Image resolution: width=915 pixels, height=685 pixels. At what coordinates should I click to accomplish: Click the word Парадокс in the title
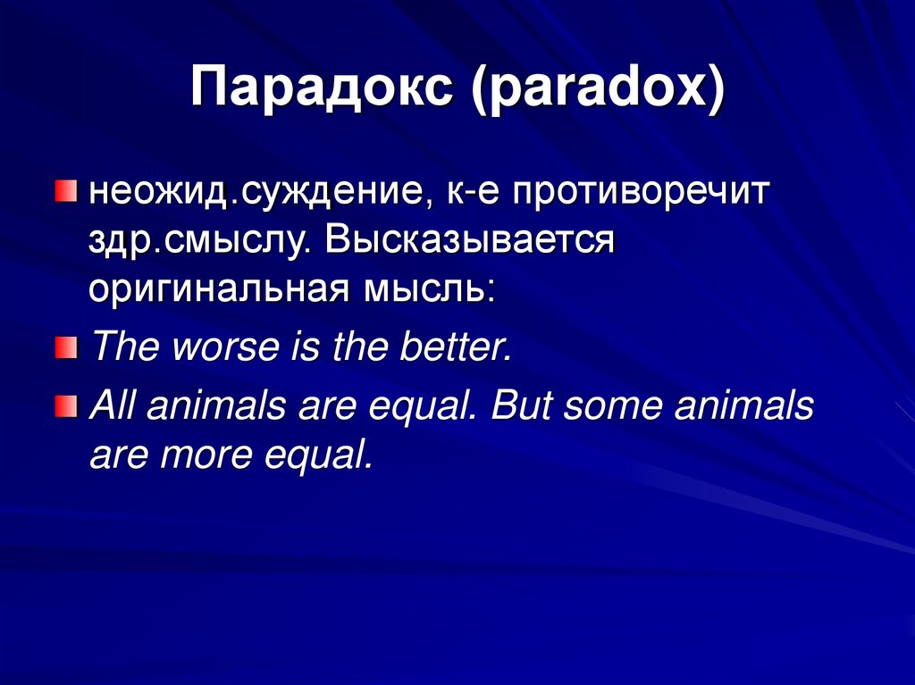322,88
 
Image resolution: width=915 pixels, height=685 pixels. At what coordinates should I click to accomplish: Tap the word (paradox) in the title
598,88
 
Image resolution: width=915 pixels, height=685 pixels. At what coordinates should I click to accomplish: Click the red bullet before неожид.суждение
66,191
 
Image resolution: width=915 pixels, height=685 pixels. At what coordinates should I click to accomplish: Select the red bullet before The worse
66,347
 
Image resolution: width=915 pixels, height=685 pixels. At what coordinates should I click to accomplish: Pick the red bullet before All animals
66,406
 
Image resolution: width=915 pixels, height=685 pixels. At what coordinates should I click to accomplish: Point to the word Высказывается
470,239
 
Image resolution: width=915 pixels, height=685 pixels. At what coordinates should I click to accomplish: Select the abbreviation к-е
473,193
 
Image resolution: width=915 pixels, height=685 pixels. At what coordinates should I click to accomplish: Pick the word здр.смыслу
199,240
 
